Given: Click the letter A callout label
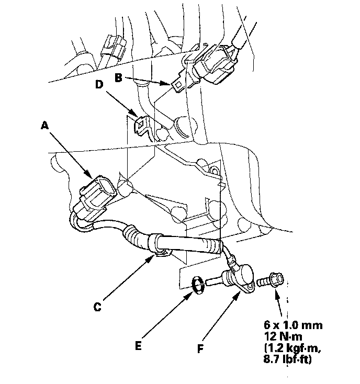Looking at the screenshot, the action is [x=44, y=126].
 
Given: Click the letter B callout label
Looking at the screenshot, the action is [x=118, y=78].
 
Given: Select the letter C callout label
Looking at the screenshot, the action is [x=97, y=307].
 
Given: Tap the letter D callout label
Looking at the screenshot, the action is [x=99, y=84].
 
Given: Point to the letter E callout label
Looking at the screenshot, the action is [x=138, y=346].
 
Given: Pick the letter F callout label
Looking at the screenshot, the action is [x=200, y=349].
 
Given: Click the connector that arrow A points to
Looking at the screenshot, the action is [x=95, y=198].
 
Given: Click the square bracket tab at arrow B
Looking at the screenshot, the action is [x=178, y=84].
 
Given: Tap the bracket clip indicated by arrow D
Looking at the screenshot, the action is [x=141, y=126].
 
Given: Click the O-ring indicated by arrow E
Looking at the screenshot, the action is [x=198, y=285].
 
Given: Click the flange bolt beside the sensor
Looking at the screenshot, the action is [x=271, y=280].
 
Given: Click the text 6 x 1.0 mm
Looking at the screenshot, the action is [x=293, y=325].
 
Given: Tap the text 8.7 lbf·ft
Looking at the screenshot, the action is [x=288, y=359].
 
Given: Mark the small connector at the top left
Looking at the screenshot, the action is [x=114, y=48].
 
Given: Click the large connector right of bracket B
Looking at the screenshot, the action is [x=216, y=64].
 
